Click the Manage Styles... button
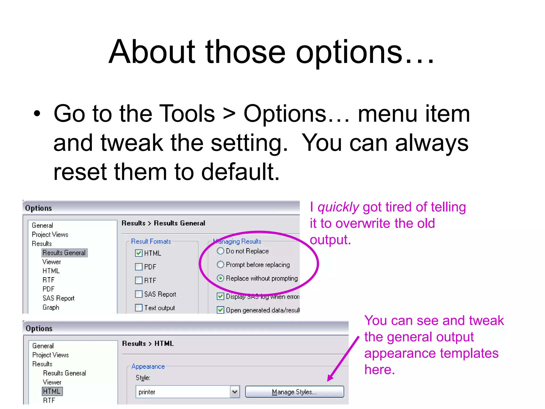point(294,392)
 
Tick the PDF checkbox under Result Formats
point(139,267)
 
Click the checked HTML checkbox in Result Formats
point(139,253)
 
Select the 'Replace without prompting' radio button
point(220,278)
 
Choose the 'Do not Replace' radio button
point(220,251)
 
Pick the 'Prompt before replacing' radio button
point(220,264)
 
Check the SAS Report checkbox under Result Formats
point(139,294)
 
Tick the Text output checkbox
point(139,308)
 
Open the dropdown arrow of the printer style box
point(235,392)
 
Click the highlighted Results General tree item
point(64,252)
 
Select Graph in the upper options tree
point(51,307)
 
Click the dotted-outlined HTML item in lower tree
point(52,391)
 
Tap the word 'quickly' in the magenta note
point(338,207)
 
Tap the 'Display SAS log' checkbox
point(220,296)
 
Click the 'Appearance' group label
point(148,366)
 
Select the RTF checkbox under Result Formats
point(139,280)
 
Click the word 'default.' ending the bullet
point(240,172)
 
